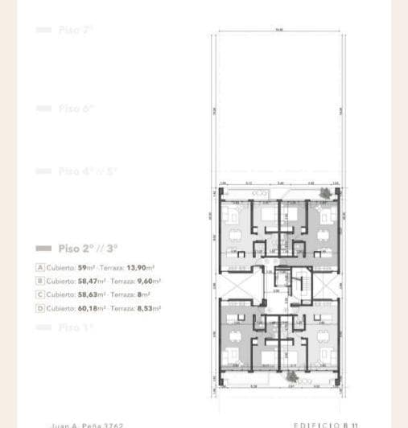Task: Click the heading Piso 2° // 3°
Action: [89, 249]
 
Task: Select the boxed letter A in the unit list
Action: [39, 267]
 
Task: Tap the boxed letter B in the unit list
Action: [39, 281]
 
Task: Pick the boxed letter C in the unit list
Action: [39, 294]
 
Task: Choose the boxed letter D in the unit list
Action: [39, 308]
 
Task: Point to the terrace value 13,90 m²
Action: [142, 267]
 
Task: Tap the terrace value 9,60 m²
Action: [148, 281]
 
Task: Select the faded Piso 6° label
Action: [76, 108]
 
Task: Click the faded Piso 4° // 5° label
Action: [88, 171]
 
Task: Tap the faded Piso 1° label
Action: [76, 327]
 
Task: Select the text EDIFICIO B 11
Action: [326, 425]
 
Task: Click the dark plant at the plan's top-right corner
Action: [325, 193]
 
